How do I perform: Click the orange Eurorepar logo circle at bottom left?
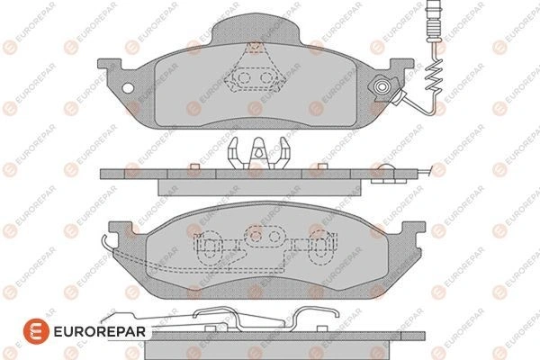pyautogui.click(x=36, y=331)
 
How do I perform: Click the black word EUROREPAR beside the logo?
pyautogui.click(x=100, y=332)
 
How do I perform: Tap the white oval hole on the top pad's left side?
pyautogui.click(x=128, y=88)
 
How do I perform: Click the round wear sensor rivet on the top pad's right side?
pyautogui.click(x=382, y=86)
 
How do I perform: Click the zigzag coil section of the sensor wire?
pyautogui.click(x=433, y=76)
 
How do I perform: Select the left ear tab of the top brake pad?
pyautogui.click(x=110, y=65)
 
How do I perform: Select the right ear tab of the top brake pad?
pyautogui.click(x=401, y=65)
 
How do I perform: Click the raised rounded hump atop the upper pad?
pyautogui.click(x=255, y=28)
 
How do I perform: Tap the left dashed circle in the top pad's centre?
pyautogui.click(x=244, y=78)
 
